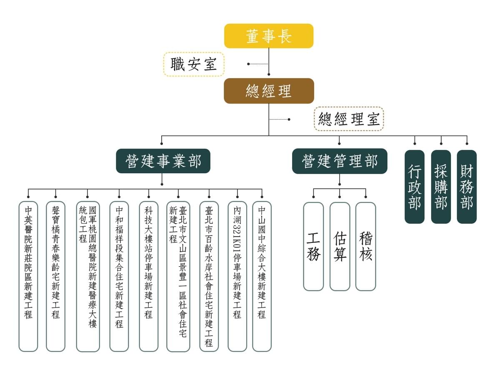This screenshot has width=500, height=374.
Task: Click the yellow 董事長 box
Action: [269, 36]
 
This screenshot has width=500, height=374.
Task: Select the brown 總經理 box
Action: [269, 91]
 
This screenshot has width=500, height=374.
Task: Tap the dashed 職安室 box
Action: [194, 64]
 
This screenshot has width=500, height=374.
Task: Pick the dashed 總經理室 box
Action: [349, 119]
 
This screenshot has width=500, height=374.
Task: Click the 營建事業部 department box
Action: [163, 161]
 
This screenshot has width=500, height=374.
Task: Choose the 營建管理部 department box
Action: [340, 161]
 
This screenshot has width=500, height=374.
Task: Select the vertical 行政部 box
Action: [415, 187]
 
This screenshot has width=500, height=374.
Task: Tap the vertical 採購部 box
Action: [441, 187]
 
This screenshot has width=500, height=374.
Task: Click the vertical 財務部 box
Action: [467, 187]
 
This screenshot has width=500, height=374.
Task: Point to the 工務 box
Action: [313, 246]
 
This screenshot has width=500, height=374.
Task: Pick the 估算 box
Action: [340, 246]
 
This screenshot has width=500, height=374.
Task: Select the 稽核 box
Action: [365, 246]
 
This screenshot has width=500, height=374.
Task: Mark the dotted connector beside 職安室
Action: [258, 64]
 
